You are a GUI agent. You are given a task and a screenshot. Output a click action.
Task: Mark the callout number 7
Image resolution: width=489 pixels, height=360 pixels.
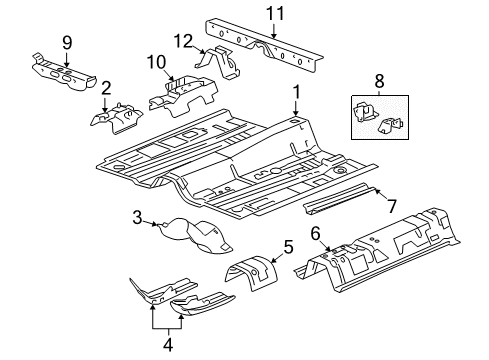(x=392, y=205)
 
